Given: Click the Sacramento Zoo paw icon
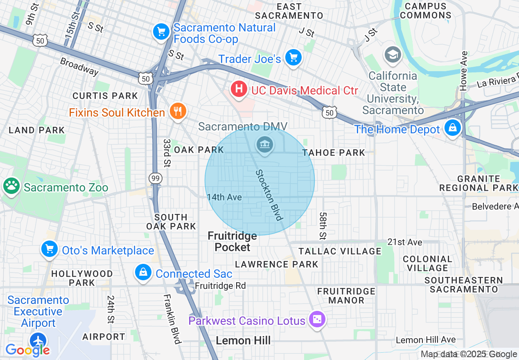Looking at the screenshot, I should (x=11, y=186).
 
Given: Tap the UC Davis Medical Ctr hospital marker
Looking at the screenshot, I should (x=239, y=89).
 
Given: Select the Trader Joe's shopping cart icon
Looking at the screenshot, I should (x=293, y=58).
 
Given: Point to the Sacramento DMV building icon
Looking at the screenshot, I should (x=265, y=144).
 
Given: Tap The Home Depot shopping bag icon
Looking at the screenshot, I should (x=453, y=128).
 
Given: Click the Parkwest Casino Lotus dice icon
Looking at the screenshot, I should (x=316, y=319).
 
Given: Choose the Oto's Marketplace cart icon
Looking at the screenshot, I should (x=49, y=249).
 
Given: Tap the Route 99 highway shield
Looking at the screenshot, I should (x=156, y=178).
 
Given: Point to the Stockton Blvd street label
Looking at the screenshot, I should (x=269, y=195).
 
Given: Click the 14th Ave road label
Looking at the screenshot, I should (x=224, y=197).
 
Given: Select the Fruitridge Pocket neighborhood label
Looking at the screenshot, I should (x=232, y=241).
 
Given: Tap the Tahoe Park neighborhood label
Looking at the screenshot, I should (x=334, y=153).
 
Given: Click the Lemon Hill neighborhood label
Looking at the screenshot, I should (x=243, y=340).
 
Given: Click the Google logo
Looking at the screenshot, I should (x=27, y=350).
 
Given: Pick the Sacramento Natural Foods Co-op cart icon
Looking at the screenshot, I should (x=161, y=32).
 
